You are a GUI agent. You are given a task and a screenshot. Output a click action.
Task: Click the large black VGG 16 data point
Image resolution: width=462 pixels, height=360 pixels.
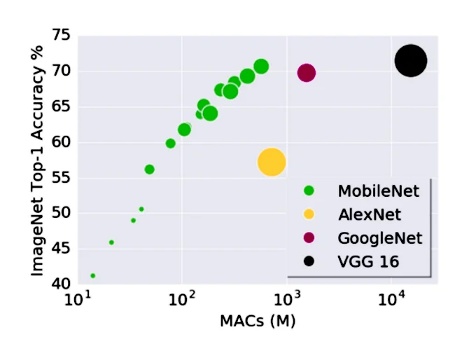coord(410,60)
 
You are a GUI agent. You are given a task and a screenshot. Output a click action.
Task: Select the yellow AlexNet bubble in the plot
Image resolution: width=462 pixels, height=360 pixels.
coord(272,162)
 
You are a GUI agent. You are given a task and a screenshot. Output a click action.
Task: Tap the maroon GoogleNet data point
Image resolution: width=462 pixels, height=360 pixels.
coord(306,73)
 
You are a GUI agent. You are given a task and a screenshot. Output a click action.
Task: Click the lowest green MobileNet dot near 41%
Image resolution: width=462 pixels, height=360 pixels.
coord(93,276)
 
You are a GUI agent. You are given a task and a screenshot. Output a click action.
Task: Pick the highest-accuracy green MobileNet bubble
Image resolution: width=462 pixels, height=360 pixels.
coord(261,67)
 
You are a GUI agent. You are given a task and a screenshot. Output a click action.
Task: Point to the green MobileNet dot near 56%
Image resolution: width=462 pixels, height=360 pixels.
coord(149,169)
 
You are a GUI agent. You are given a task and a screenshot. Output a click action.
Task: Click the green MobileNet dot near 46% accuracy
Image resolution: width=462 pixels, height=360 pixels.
coord(111,242)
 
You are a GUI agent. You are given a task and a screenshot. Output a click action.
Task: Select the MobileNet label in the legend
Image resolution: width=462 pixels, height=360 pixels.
coord(378,191)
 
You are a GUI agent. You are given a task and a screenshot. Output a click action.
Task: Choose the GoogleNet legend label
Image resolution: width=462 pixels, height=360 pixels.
coord(379,238)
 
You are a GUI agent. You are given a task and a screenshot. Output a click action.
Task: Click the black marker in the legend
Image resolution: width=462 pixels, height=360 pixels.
coord(309,262)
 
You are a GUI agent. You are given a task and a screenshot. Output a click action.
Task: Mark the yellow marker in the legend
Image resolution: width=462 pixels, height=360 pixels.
coord(309,214)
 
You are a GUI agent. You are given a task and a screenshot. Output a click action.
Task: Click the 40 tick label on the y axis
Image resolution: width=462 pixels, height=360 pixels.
coord(61,284)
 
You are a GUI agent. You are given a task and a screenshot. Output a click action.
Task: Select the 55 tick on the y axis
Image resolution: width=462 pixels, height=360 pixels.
coord(61,178)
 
